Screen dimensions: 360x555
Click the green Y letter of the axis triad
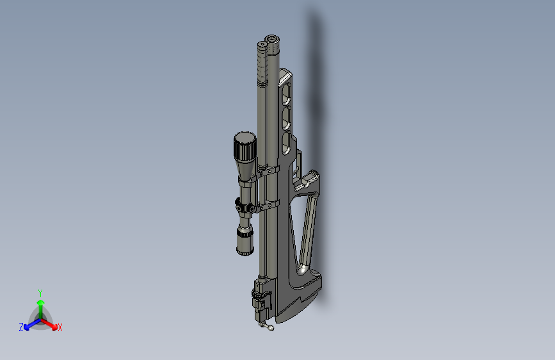pyautogui.click(x=40, y=291)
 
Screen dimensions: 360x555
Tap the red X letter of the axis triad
pyautogui.click(x=60, y=327)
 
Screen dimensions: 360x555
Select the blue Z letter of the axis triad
pyautogui.click(x=21, y=327)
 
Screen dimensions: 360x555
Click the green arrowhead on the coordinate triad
pyautogui.click(x=40, y=302)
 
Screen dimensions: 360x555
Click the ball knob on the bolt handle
pyautogui.click(x=271, y=329)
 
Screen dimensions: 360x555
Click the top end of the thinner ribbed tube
pyautogui.click(x=261, y=46)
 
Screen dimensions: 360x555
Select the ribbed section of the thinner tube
pyautogui.click(x=261, y=67)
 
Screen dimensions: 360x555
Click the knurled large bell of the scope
pyautogui.click(x=245, y=148)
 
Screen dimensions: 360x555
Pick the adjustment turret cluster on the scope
pyautogui.click(x=243, y=208)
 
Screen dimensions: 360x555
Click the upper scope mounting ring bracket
pyautogui.click(x=269, y=172)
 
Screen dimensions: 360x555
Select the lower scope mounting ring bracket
pyautogui.click(x=269, y=206)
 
